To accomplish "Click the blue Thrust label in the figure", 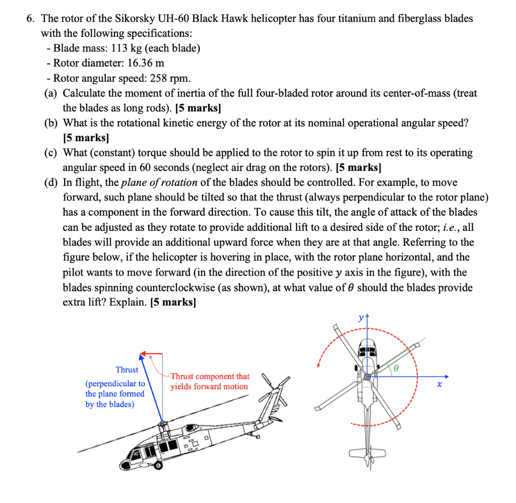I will pos(126,369).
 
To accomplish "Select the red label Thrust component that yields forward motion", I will pos(210,382).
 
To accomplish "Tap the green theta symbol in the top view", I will pos(396,368).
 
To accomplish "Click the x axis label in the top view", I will pos(439,386).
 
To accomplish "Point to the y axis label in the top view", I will pos(360,318).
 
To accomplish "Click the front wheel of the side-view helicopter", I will pos(158,466).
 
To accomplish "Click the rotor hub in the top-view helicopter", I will pos(367,377).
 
